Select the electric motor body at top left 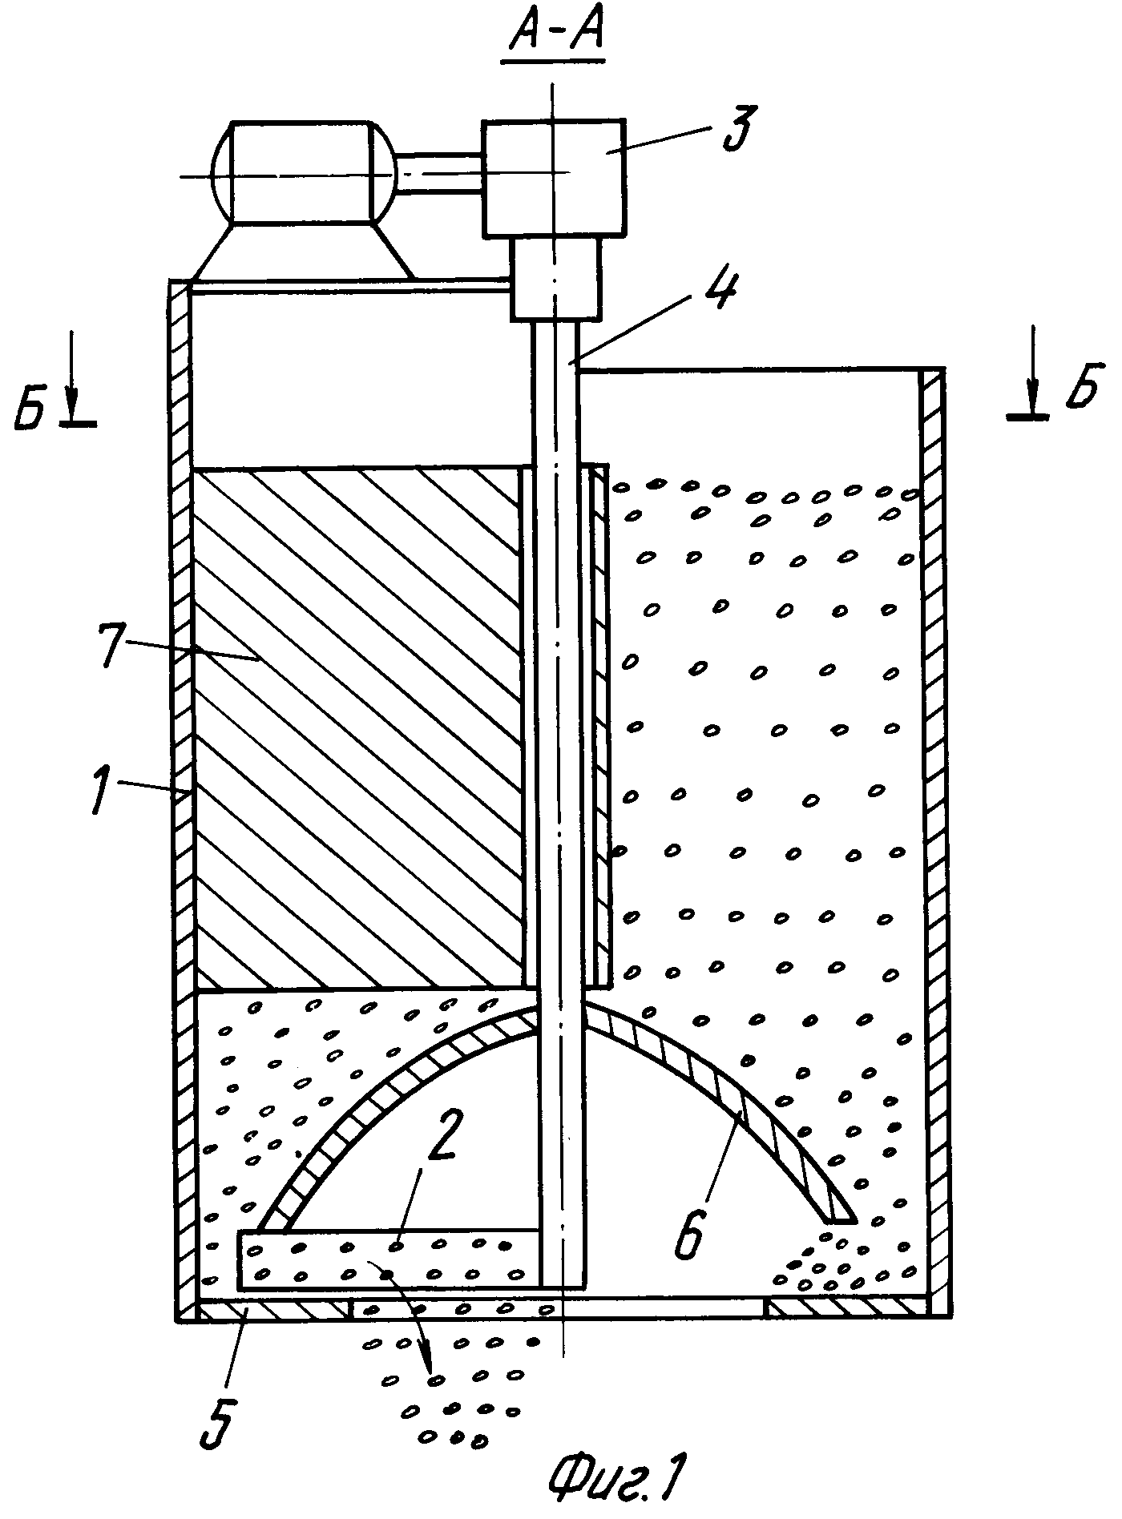click(x=302, y=172)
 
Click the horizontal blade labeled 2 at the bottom click(x=389, y=1259)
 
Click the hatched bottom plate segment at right click(x=846, y=1309)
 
